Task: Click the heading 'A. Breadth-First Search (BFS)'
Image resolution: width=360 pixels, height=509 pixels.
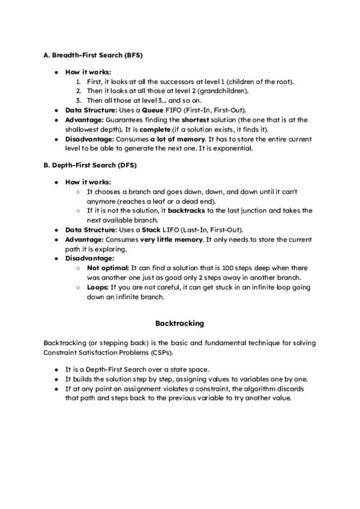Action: [x=93, y=55]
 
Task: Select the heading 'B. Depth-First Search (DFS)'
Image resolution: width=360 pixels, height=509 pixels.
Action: [x=89, y=164]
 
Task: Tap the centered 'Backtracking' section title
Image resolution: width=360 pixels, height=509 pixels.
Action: [x=179, y=323]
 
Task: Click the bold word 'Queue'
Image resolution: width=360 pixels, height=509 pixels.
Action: [x=151, y=110]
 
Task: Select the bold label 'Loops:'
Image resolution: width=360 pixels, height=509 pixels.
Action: [x=97, y=288]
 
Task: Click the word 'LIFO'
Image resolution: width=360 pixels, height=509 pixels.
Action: [x=167, y=230]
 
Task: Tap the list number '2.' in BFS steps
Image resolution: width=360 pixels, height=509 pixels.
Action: [x=79, y=91]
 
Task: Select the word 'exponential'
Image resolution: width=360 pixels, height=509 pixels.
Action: [x=235, y=149]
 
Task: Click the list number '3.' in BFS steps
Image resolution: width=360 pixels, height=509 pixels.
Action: [x=79, y=101]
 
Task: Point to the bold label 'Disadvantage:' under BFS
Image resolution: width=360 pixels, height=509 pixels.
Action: [x=88, y=139]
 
